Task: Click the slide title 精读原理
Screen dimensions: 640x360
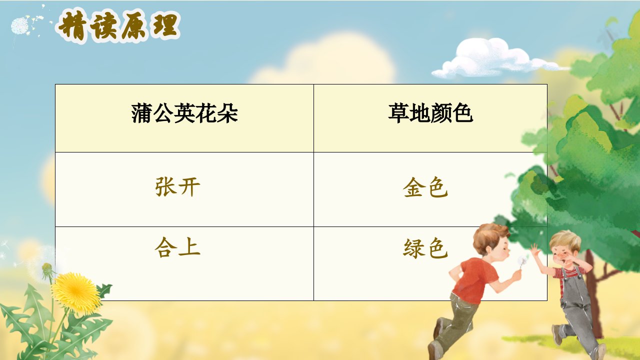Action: point(118,26)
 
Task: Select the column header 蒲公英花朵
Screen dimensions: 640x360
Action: point(184,113)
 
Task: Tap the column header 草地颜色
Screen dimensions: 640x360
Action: point(430,113)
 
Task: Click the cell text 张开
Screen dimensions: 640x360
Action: point(177,187)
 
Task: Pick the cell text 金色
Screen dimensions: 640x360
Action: point(425,187)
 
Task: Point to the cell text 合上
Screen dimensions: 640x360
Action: point(177,247)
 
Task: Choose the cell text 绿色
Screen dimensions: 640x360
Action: point(425,248)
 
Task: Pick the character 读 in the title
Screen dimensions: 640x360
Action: point(104,27)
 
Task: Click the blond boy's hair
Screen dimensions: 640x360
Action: point(565,240)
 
